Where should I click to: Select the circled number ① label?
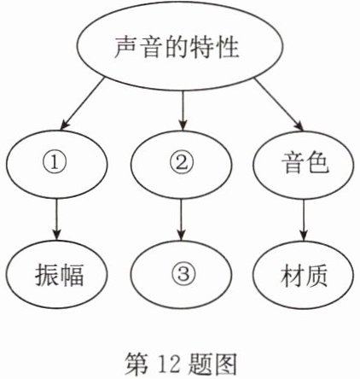(x=55, y=163)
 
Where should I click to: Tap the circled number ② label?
(x=182, y=163)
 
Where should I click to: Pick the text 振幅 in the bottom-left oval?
(x=59, y=275)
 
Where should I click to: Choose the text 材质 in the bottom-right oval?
(x=304, y=275)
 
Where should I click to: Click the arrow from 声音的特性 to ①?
(x=83, y=102)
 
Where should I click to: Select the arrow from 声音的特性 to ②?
(x=183, y=110)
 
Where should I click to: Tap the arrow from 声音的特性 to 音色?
(x=279, y=104)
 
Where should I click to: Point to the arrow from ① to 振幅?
(x=56, y=219)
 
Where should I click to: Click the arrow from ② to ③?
(x=182, y=219)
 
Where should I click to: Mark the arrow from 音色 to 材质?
(x=304, y=220)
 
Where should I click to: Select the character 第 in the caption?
(x=137, y=364)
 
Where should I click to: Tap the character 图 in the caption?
(x=225, y=364)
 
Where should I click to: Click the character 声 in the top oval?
(x=126, y=47)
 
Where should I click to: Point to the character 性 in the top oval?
(x=227, y=47)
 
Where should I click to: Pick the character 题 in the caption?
(x=200, y=364)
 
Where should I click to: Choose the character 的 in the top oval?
(x=177, y=47)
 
